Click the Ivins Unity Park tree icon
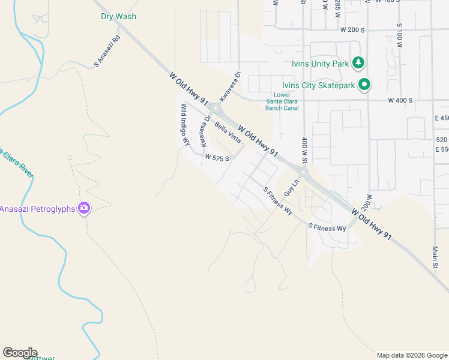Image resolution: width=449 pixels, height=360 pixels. [358, 62]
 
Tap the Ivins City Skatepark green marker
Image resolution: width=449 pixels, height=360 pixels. [364, 85]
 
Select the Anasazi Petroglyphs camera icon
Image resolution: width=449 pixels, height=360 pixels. [85, 208]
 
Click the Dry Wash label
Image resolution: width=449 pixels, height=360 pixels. [118, 16]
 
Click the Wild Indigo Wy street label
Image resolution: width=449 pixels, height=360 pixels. [185, 124]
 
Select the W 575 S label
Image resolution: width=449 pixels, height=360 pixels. [217, 158]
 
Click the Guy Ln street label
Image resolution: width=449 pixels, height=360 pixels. [291, 187]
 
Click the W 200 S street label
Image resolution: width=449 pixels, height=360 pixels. [352, 29]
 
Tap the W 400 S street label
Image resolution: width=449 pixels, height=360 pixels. [400, 100]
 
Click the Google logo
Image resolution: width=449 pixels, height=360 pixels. [20, 353]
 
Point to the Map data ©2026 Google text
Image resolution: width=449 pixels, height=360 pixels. [412, 355]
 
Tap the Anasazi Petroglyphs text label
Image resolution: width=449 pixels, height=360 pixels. [37, 209]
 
